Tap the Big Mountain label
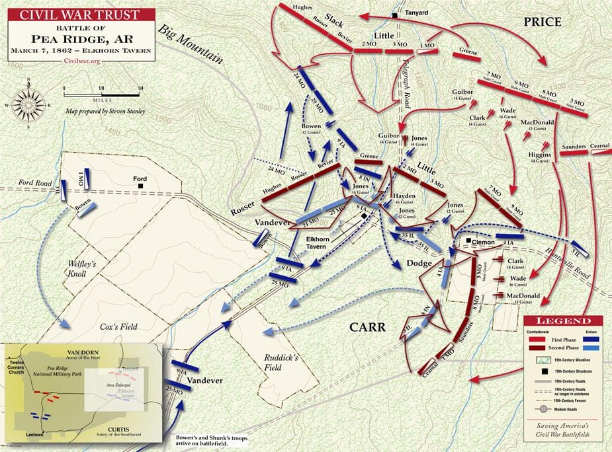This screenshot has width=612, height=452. [x=189, y=46]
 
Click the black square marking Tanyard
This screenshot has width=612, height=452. [x=395, y=15]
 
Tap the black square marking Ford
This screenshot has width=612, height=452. [x=140, y=187]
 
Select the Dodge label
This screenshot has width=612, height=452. [x=418, y=262]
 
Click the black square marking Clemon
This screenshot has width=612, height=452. [x=467, y=241]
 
